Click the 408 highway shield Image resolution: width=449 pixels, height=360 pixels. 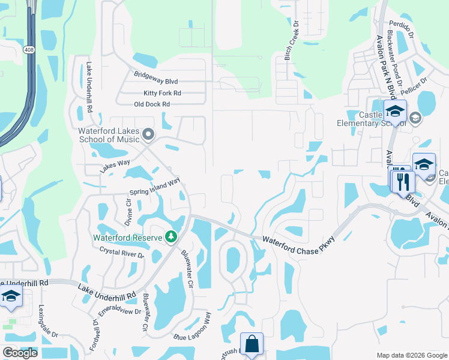29,49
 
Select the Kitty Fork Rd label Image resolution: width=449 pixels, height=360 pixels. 162,93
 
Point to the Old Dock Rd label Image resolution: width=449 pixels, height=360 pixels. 152,104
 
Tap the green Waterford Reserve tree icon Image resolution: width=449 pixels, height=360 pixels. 171,237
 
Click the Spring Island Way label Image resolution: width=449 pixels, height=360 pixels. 155,188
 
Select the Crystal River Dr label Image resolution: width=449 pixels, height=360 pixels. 122,252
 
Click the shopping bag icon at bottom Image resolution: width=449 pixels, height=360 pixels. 252,344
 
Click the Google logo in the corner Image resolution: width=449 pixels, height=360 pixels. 20,353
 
